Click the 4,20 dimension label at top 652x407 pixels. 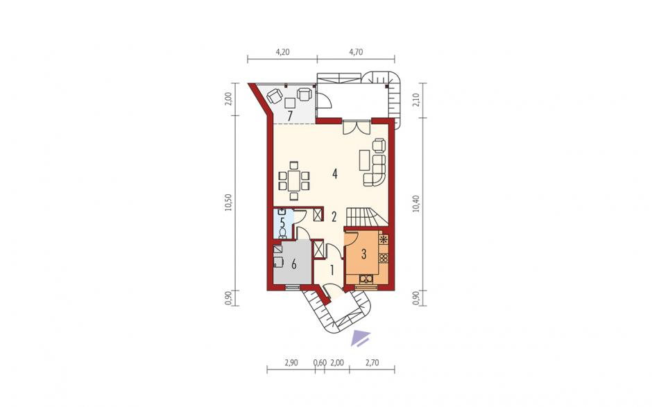(282, 52)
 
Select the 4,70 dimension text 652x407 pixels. (356, 52)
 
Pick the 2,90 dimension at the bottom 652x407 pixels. (291, 363)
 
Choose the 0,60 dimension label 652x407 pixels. (320, 363)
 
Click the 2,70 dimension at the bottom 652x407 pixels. (372, 363)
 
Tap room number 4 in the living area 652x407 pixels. (335, 174)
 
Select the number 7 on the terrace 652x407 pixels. (290, 116)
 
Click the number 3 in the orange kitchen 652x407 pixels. (363, 254)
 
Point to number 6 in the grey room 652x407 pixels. (294, 263)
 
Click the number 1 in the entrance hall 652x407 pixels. (332, 270)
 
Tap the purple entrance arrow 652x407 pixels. (360, 338)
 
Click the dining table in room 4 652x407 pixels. (294, 181)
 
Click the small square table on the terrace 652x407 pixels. (290, 103)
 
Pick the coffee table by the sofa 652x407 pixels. (365, 159)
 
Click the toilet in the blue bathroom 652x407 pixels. (283, 232)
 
